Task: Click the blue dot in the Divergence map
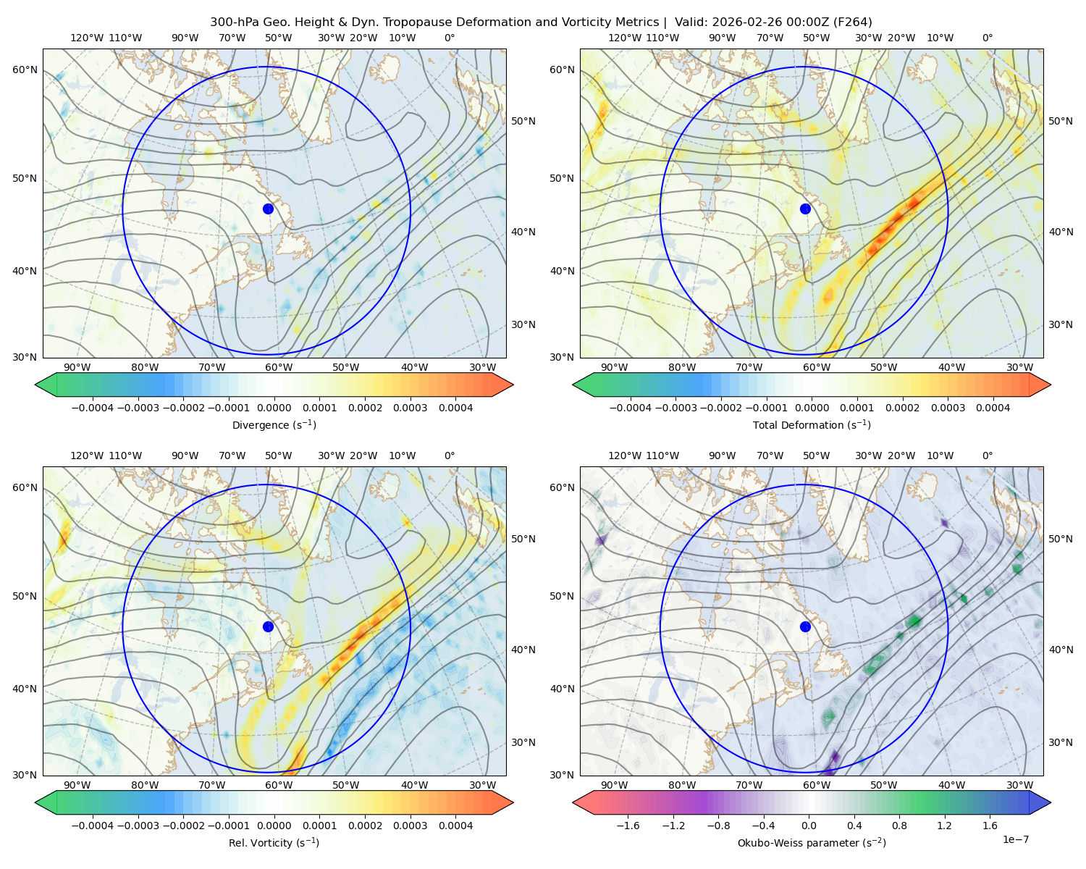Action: point(268,209)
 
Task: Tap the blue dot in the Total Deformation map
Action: point(805,209)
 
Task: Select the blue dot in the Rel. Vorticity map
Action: point(268,626)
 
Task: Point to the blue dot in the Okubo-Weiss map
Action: point(805,626)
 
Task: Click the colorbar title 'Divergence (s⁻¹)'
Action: point(274,424)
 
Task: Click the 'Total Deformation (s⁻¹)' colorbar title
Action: point(812,424)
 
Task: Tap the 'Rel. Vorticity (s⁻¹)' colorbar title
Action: point(274,843)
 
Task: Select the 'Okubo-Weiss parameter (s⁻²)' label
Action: point(812,843)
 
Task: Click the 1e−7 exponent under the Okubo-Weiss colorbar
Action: point(1015,839)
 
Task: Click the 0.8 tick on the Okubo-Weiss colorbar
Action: point(899,826)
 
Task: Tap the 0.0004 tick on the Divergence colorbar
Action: point(455,408)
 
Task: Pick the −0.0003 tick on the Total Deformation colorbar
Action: point(675,408)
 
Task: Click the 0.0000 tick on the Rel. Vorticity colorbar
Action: point(274,826)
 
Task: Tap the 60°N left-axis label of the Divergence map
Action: point(25,70)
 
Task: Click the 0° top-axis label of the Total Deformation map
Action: point(987,38)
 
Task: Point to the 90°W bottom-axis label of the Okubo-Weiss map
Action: point(614,785)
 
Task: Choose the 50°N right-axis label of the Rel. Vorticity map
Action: point(523,539)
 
